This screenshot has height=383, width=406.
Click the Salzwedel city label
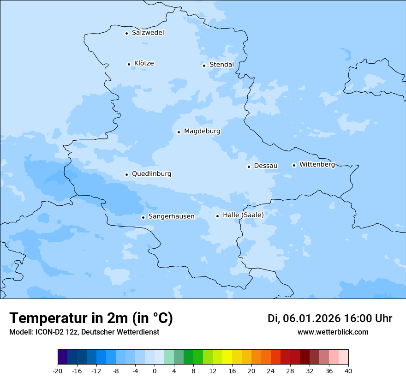(148, 33)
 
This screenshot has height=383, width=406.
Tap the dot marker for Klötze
(129, 64)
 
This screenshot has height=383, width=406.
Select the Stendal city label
(221, 65)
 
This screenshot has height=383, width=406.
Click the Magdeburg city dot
(179, 132)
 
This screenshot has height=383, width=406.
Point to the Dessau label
(266, 166)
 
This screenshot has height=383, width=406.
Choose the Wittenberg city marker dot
(294, 165)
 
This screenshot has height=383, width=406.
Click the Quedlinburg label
(151, 174)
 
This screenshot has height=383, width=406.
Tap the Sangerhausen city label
(171, 216)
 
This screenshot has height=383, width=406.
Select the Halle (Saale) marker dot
(217, 216)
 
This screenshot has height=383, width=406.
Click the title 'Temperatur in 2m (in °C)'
(91, 318)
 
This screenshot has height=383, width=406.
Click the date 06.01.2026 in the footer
(311, 318)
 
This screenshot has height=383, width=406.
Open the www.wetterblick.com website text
(333, 332)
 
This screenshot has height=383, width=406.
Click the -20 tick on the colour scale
(58, 371)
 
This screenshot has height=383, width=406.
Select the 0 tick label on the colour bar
(155, 371)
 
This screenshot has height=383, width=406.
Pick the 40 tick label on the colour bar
(348, 371)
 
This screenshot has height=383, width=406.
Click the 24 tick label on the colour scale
(271, 371)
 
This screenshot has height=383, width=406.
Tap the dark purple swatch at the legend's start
(62, 358)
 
